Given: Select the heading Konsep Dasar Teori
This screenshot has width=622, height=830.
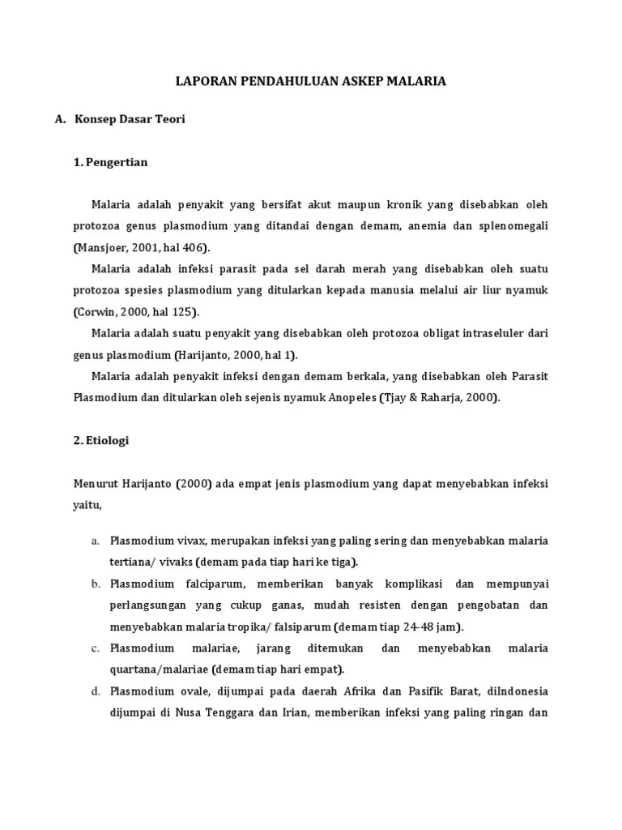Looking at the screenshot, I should [x=130, y=119].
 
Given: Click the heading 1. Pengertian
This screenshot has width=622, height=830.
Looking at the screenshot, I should [x=110, y=162].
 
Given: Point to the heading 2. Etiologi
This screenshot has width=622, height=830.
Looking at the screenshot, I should [x=100, y=441].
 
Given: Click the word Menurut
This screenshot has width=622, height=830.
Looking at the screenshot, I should [x=97, y=484].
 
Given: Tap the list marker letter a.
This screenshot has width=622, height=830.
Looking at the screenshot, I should [x=95, y=541].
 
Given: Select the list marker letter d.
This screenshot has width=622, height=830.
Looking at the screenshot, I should [x=95, y=691].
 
